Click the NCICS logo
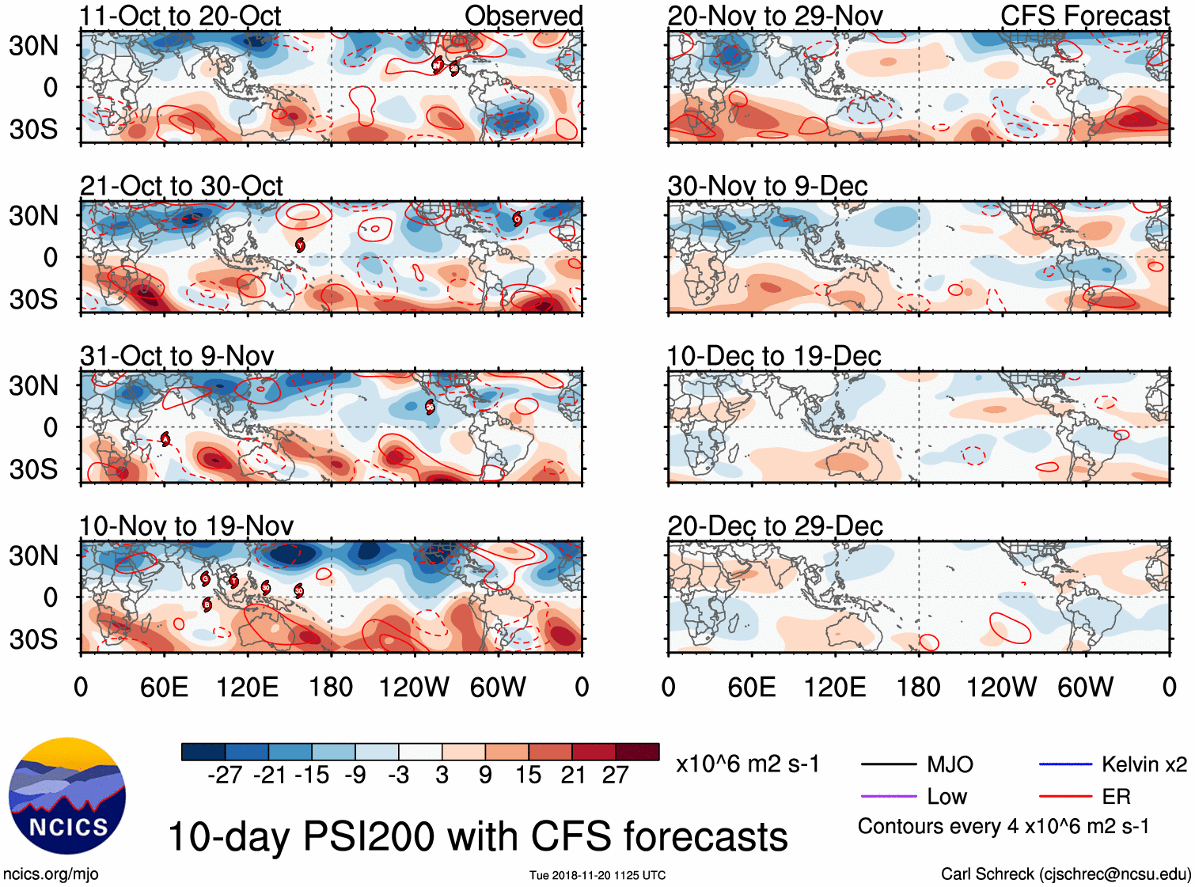tap(67, 796)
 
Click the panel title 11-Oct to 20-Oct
tap(180, 16)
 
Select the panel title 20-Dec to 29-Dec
tap(775, 526)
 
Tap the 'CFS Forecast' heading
tap(1084, 16)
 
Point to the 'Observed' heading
tap(523, 16)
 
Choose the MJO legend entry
tap(950, 764)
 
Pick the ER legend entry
tap(1116, 797)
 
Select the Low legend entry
tap(947, 797)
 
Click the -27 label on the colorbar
tap(225, 775)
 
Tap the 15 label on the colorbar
tap(528, 775)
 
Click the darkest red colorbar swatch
tap(637, 752)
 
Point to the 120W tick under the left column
tap(414, 687)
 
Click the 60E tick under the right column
tap(751, 687)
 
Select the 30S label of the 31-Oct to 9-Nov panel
tap(33, 469)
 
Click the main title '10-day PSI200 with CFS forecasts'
tap(478, 837)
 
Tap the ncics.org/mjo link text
tap(51, 874)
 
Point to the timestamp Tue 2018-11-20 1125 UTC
tap(597, 875)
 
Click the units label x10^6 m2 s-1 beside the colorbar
tap(748, 764)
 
